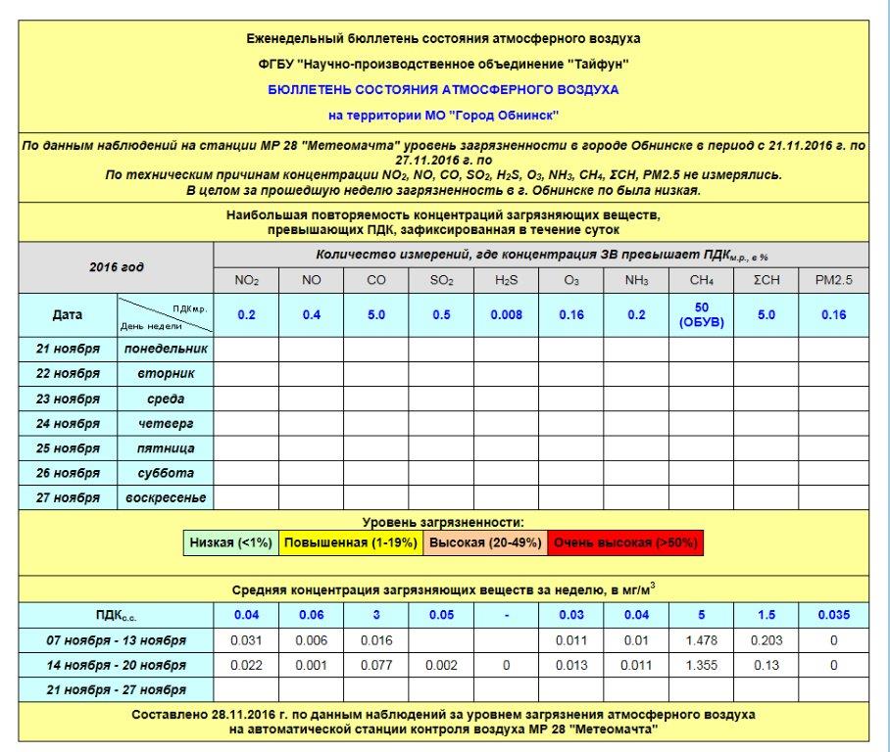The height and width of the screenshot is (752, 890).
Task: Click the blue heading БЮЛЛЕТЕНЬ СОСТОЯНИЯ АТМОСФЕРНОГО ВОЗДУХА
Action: pyautogui.click(x=443, y=89)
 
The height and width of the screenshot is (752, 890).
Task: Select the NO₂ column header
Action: pyautogui.click(x=246, y=280)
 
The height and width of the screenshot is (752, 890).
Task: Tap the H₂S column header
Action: pyautogui.click(x=506, y=280)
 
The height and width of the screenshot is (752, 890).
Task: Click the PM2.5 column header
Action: pyautogui.click(x=834, y=280)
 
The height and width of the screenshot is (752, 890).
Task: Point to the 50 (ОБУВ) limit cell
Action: pyautogui.click(x=702, y=315)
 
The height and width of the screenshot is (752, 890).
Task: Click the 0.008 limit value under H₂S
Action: pyautogui.click(x=506, y=315)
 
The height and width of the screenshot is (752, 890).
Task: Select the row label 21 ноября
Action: pyautogui.click(x=68, y=349)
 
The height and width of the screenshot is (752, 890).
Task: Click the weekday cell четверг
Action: pyautogui.click(x=166, y=424)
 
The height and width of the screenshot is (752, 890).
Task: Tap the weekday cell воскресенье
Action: pyautogui.click(x=166, y=497)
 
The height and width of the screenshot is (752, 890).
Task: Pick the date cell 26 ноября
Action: pyautogui.click(x=68, y=473)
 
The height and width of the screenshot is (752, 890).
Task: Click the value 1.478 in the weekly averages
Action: pyautogui.click(x=702, y=640)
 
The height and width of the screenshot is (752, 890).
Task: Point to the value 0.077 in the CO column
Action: pyautogui.click(x=376, y=666)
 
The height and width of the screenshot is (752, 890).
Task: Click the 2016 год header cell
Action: pyautogui.click(x=117, y=267)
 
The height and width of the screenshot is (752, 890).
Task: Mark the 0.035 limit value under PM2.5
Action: pyautogui.click(x=834, y=615)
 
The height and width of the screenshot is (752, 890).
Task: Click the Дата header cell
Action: pyautogui.click(x=68, y=315)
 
